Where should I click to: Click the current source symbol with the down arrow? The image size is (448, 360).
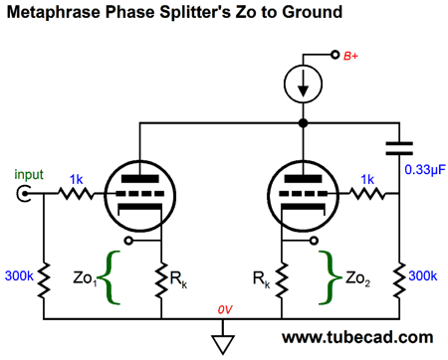click(x=301, y=87)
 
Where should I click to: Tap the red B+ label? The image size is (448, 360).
click(x=350, y=56)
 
